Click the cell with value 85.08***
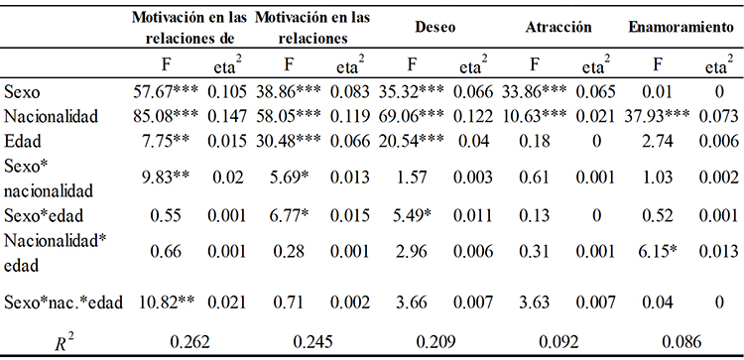click(x=165, y=117)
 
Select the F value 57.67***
click(x=165, y=92)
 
